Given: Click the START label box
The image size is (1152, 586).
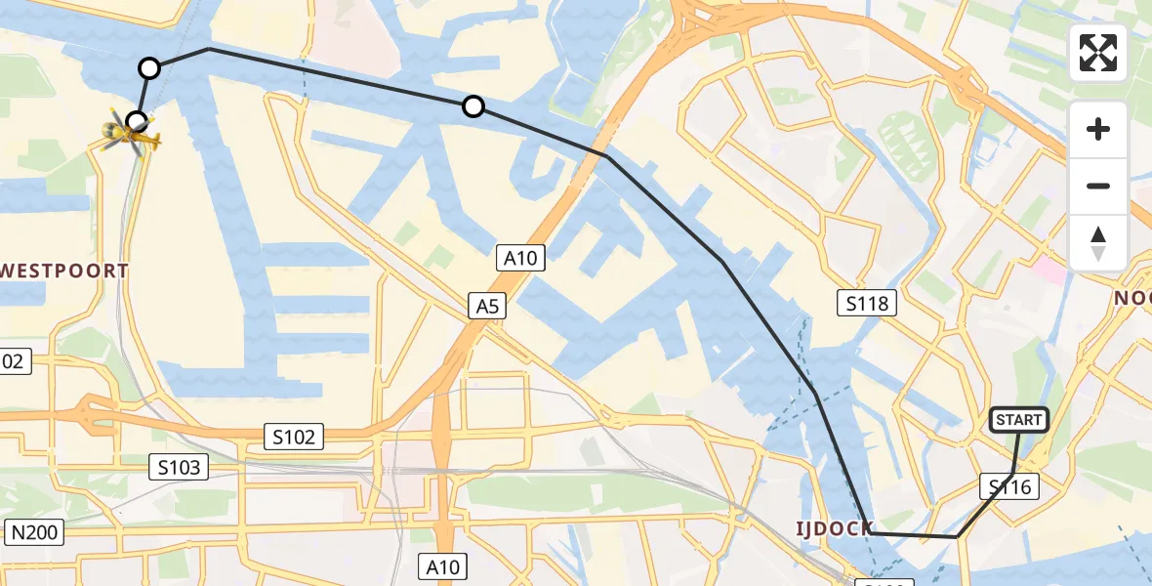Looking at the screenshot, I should [x=1019, y=420].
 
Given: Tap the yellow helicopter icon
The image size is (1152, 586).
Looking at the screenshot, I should [x=130, y=135].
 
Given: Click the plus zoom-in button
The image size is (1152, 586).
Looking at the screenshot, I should [x=1098, y=129].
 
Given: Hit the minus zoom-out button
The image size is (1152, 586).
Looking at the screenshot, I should [x=1098, y=186].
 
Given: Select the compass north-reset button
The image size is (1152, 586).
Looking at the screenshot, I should [x=1098, y=242].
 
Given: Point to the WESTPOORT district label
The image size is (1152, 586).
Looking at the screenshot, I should [x=64, y=271].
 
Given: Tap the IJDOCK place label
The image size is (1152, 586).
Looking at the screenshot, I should [x=833, y=529].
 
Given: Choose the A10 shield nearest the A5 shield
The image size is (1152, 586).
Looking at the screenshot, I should [x=519, y=258].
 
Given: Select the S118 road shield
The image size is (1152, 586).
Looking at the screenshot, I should [x=867, y=304].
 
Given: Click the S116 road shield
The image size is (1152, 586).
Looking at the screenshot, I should [x=1009, y=486].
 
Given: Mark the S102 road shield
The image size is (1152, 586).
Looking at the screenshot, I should [x=294, y=437].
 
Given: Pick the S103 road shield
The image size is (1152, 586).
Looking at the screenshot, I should [x=180, y=468].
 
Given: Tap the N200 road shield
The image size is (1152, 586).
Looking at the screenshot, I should [x=34, y=532].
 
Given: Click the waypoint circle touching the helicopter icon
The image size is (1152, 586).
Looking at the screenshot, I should [x=138, y=121].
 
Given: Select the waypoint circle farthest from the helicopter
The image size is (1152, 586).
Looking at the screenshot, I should [x=473, y=106].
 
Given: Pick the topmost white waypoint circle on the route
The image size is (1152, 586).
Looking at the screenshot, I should [x=149, y=68].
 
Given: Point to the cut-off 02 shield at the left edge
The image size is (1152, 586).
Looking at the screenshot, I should [x=14, y=361].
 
